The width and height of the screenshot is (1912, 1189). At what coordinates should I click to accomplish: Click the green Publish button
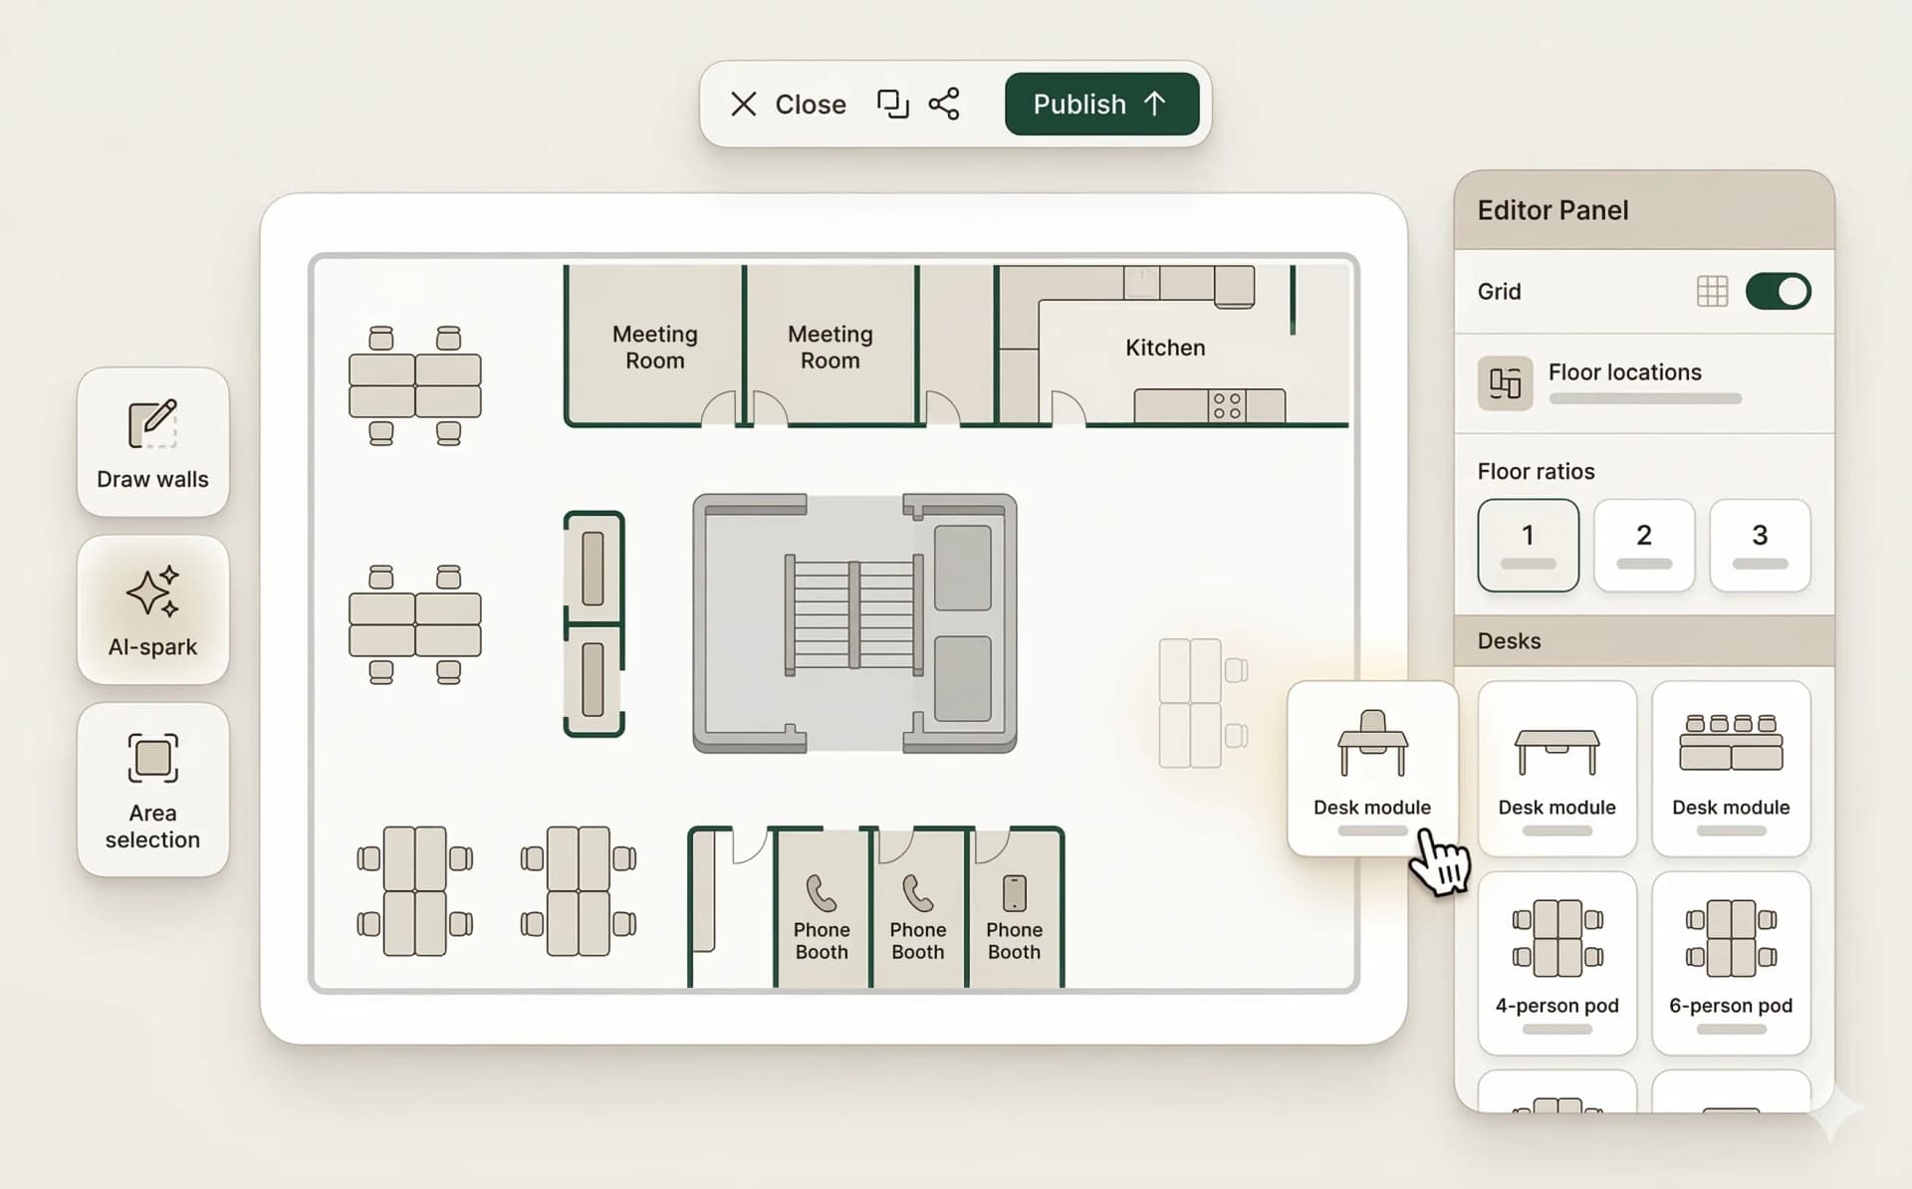tap(1101, 104)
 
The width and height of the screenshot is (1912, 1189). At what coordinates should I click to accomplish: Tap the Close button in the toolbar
tap(789, 104)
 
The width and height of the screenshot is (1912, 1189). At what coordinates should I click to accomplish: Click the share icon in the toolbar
tap(943, 104)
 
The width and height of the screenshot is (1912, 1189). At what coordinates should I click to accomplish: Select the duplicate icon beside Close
tap(892, 104)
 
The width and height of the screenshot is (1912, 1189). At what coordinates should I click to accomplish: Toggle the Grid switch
tap(1778, 291)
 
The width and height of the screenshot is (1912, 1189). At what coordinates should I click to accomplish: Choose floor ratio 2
tap(1643, 545)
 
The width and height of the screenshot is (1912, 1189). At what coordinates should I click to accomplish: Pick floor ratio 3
tap(1760, 545)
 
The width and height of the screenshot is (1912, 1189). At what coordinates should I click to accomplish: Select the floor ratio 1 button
tap(1528, 545)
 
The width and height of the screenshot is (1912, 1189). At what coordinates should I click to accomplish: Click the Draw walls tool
tap(152, 442)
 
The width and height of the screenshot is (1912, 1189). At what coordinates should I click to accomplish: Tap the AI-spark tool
tap(152, 609)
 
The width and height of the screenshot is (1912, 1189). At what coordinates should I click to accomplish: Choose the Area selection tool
tap(152, 789)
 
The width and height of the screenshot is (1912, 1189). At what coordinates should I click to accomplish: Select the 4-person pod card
tap(1556, 962)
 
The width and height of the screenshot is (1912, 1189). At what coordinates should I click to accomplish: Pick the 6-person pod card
tap(1731, 962)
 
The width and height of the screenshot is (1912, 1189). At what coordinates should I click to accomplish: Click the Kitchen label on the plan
tap(1165, 348)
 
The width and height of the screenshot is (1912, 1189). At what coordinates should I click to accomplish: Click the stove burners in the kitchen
tap(1227, 405)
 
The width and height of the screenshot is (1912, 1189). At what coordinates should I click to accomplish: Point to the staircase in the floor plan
tap(854, 613)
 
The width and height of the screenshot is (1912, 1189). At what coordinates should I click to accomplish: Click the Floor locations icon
tap(1505, 382)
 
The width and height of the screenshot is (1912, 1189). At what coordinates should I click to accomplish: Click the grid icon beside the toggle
tap(1712, 291)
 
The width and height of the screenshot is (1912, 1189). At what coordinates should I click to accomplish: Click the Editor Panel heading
tap(1553, 210)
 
